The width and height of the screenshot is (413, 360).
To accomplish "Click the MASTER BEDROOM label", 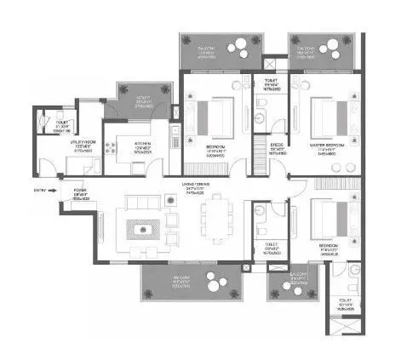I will click(323, 147).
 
